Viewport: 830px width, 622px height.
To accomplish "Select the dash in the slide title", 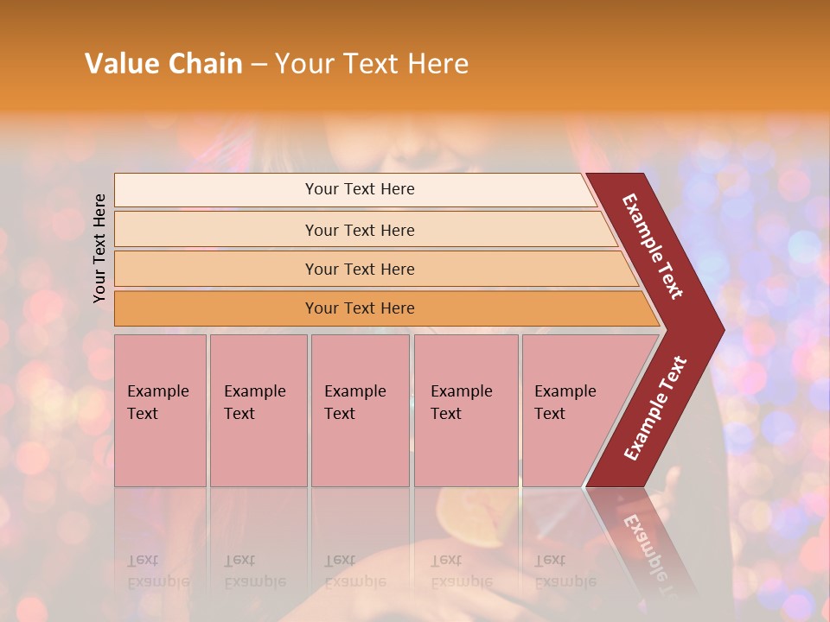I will (x=259, y=65).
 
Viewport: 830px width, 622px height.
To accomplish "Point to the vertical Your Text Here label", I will (x=99, y=248).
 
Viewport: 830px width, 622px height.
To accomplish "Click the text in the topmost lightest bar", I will (x=360, y=189).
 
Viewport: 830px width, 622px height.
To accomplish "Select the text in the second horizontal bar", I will (x=360, y=231).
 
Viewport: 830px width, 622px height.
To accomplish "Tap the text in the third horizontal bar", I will (x=360, y=270).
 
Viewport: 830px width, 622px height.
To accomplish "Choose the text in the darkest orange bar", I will (x=360, y=308).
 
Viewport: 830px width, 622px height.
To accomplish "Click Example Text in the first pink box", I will (x=157, y=403).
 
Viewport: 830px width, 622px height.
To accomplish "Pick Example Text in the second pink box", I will (x=254, y=403).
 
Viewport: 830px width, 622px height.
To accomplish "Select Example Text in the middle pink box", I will (x=354, y=403).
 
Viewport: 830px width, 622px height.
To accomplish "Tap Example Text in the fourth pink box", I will (x=461, y=403).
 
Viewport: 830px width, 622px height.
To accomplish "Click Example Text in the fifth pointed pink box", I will (x=565, y=403).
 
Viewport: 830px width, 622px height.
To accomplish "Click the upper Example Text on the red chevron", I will (x=653, y=246).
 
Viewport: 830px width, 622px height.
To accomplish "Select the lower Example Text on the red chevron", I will (x=655, y=409).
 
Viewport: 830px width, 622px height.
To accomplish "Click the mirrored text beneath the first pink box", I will (x=157, y=571).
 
